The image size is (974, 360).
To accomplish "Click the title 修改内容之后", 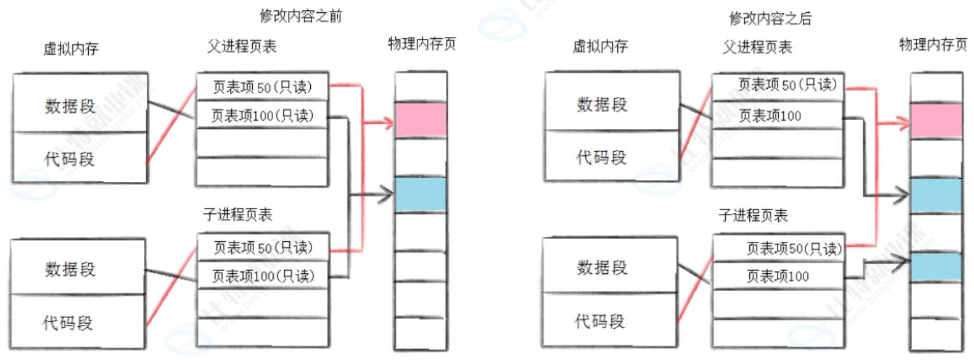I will pos(770,19).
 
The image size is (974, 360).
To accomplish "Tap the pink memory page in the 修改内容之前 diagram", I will pos(419,120).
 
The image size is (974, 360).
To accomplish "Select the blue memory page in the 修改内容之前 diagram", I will pos(419,194).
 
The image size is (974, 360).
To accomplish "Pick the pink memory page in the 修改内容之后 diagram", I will pos(936,121).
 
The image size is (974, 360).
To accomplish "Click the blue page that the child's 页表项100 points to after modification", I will pos(936,267).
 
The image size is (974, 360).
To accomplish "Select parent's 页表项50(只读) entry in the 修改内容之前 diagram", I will pos(262,87).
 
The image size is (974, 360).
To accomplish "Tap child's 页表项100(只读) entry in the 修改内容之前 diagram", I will pos(262,276).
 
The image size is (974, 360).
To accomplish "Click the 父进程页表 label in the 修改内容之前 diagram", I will pos(242,47).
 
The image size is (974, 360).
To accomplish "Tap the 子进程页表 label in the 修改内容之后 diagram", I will pos(753,215).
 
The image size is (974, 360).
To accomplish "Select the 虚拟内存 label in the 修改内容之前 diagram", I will pos(71,49).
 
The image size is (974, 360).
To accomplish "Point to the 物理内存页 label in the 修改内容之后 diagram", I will pos(933,45).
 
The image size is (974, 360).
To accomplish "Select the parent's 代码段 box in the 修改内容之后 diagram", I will pos(602,157).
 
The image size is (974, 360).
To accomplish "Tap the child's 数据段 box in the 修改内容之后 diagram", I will pos(602,267).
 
